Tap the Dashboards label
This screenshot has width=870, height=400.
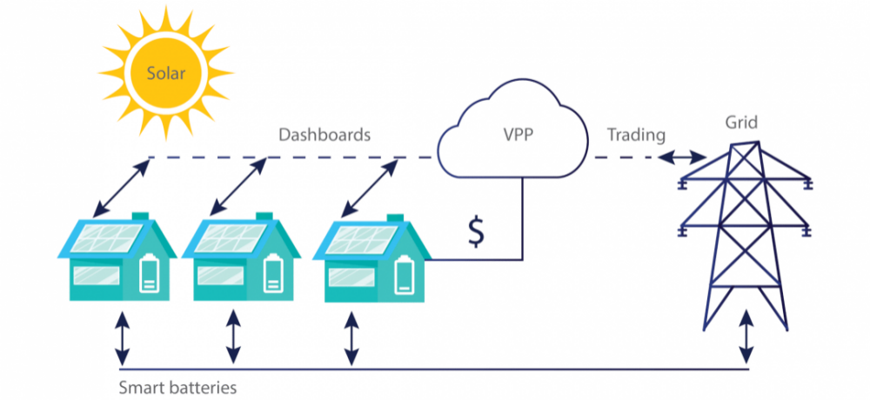325,135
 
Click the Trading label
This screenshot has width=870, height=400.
636,135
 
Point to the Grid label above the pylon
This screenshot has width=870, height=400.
740,123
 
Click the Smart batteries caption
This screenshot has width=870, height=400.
178,387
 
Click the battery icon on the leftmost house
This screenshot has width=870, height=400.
149,272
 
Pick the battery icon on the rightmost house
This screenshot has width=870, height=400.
404,274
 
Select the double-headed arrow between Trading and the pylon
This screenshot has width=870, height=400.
682,158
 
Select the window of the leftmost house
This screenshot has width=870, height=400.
97,277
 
